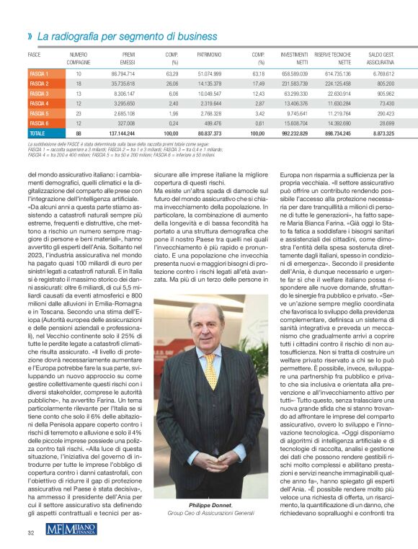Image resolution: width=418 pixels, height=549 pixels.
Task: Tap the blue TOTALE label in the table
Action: [37, 133]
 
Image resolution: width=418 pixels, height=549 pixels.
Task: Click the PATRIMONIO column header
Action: [209, 55]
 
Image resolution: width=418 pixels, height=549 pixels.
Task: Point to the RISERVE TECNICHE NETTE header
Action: [332, 58]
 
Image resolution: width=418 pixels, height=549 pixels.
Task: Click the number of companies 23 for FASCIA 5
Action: [78, 113]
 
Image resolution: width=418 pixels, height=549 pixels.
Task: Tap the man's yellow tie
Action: [210, 367]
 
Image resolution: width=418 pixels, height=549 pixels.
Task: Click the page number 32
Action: [31, 532]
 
